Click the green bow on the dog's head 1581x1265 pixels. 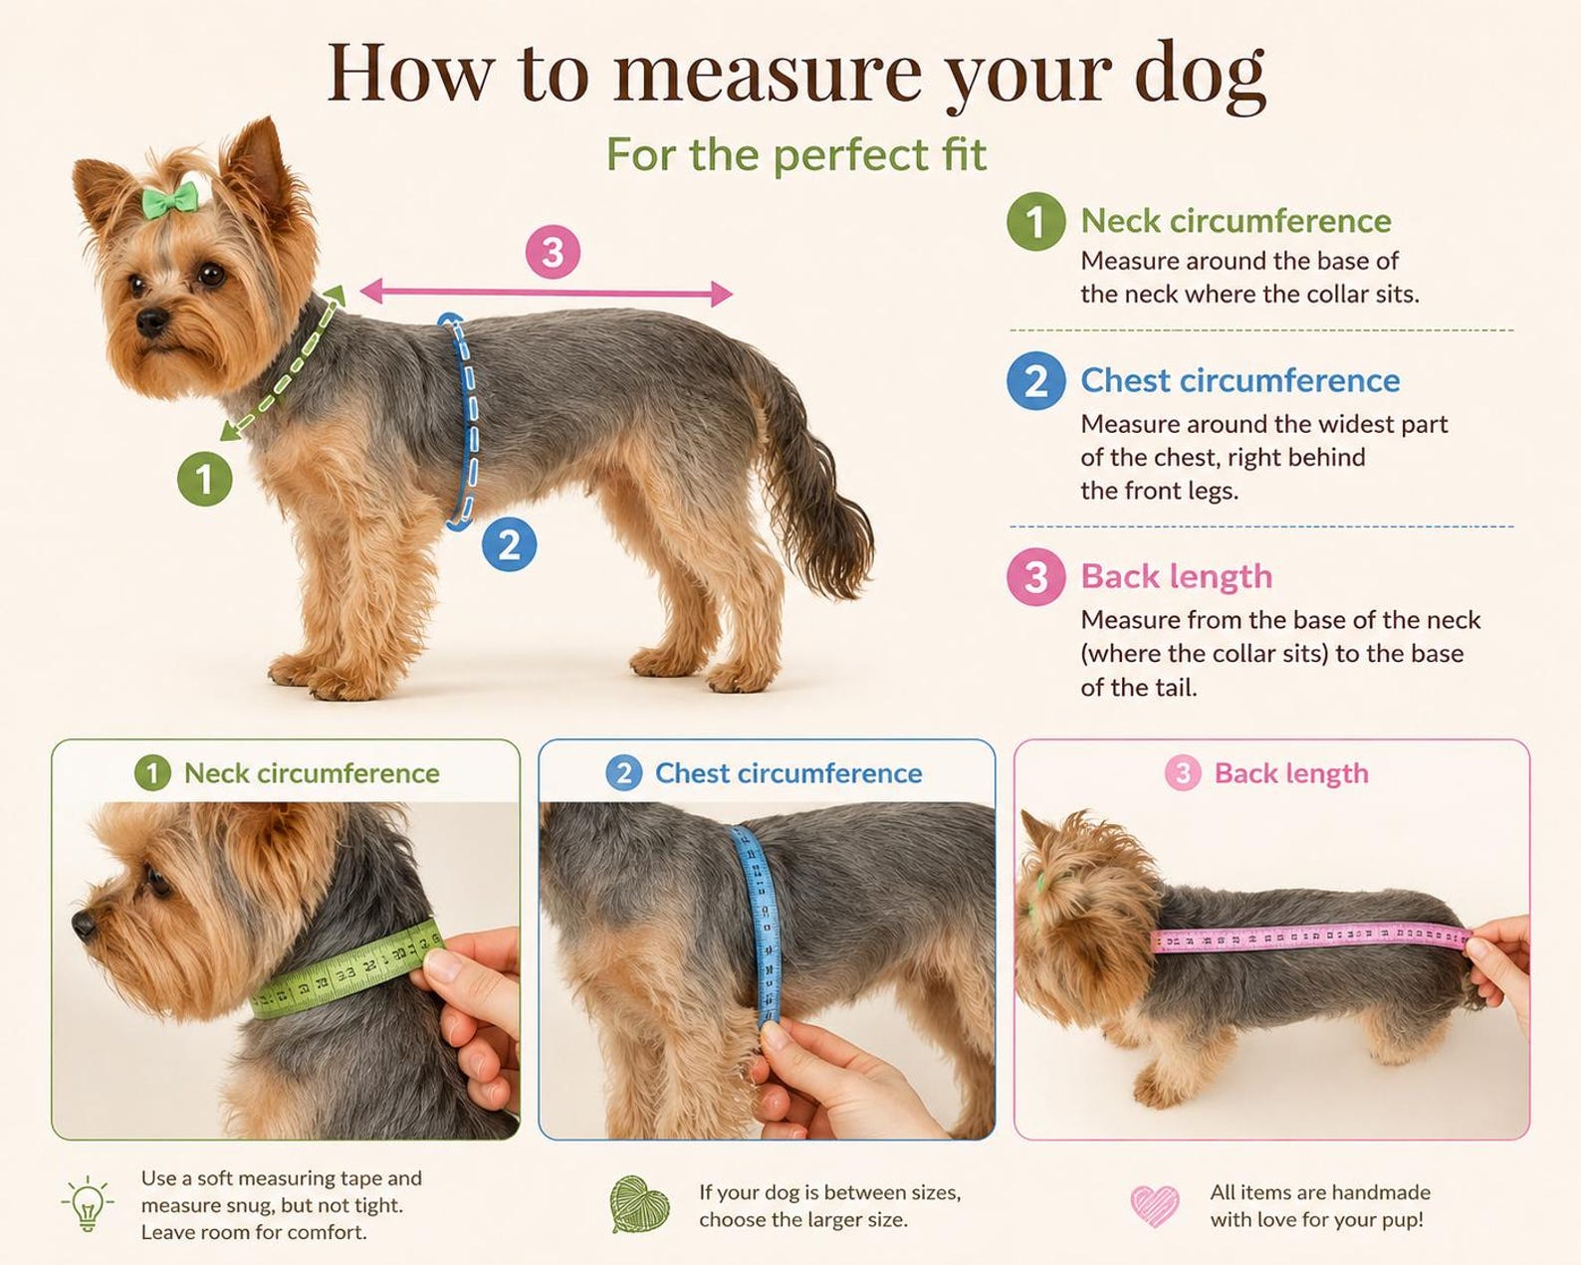click(x=170, y=200)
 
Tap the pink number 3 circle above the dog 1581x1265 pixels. click(x=553, y=252)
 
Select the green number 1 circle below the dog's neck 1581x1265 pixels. click(x=205, y=479)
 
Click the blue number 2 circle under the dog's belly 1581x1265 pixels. click(x=509, y=544)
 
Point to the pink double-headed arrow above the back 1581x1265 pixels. click(x=546, y=293)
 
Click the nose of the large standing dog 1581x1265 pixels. click(x=152, y=321)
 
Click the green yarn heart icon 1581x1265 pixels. click(x=640, y=1204)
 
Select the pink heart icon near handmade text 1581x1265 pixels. click(x=1155, y=1205)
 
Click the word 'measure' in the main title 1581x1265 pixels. click(x=768, y=74)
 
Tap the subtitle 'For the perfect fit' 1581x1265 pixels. click(x=796, y=155)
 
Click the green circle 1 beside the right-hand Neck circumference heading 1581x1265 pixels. click(x=1035, y=221)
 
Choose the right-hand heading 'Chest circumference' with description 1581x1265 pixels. click(x=1241, y=380)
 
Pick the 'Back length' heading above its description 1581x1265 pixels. click(x=1176, y=576)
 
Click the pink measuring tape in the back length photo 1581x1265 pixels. click(x=1310, y=937)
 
